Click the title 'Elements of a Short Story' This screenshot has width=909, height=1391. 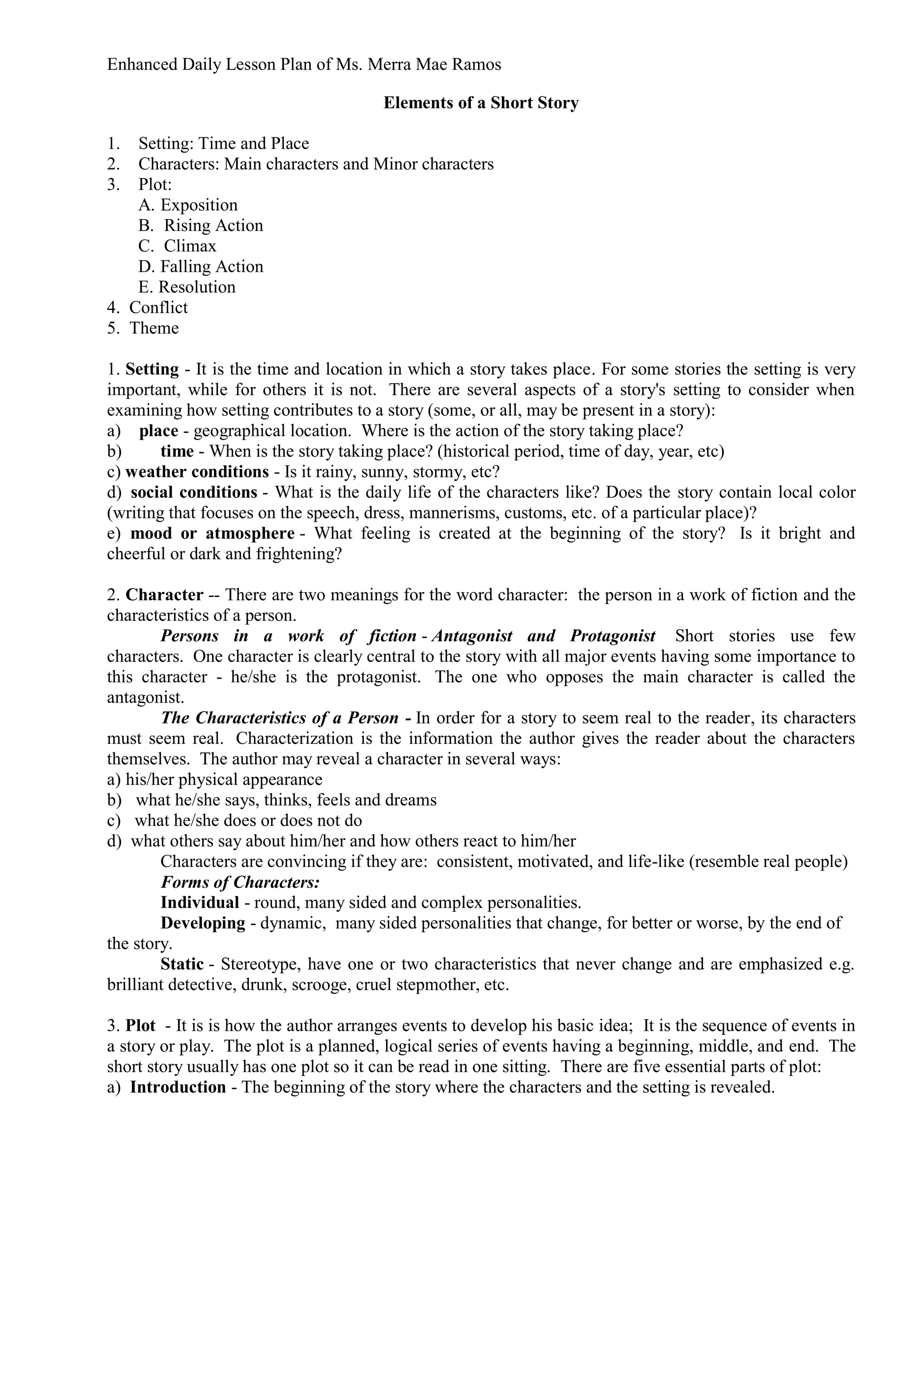(x=480, y=103)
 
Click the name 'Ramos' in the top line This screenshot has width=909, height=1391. (x=474, y=64)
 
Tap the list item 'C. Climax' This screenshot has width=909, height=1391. (x=177, y=246)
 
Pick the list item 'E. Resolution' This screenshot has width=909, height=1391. (x=186, y=287)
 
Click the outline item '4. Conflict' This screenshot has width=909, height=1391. (x=147, y=307)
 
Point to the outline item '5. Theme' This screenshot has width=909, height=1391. (x=142, y=328)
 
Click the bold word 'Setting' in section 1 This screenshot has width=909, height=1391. (x=152, y=370)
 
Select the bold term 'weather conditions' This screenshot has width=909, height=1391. (x=197, y=472)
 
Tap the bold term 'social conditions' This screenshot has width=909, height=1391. (x=194, y=492)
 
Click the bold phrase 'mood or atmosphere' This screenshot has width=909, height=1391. (x=212, y=533)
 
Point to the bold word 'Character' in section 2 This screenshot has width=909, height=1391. (x=164, y=595)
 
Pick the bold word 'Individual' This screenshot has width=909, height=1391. (x=200, y=902)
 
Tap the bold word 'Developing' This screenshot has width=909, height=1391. (x=203, y=923)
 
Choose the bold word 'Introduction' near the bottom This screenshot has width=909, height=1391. (x=178, y=1087)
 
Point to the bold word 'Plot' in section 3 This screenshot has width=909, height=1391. (x=141, y=1026)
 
